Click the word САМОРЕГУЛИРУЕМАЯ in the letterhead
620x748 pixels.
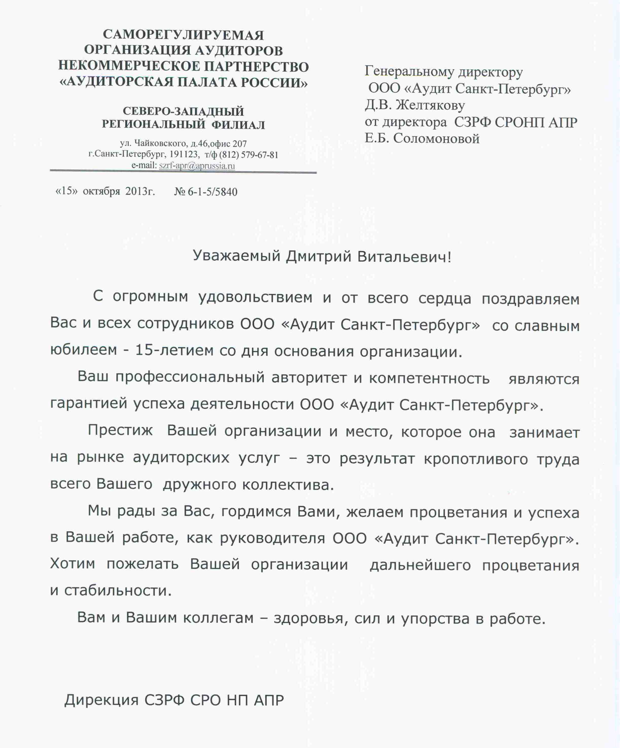(x=183, y=35)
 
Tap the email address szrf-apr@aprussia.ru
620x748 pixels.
(x=197, y=166)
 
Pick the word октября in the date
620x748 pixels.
(x=101, y=192)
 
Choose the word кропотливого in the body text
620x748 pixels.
(x=475, y=459)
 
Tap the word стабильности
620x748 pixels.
(x=117, y=591)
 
